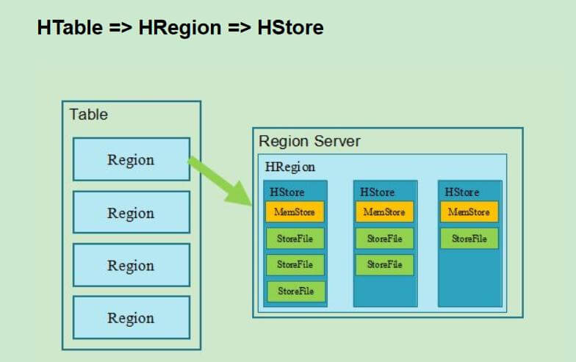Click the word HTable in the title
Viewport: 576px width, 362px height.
(70, 28)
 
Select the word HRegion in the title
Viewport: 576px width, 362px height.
(179, 28)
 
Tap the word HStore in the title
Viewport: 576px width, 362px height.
(291, 28)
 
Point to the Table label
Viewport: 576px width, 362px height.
(88, 115)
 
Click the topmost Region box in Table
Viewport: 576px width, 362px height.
(132, 159)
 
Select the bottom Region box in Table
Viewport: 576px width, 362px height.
(132, 317)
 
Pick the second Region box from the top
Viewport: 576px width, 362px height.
(132, 212)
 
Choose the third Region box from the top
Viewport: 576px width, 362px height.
(132, 265)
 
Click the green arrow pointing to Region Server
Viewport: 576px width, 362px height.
(220, 181)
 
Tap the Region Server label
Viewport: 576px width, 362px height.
(310, 141)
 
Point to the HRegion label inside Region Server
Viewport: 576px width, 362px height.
(289, 167)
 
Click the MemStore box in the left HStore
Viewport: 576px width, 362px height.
(295, 211)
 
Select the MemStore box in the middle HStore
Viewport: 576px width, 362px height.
(385, 211)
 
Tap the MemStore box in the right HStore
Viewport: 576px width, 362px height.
(469, 211)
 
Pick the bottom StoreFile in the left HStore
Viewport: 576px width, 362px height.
(296, 292)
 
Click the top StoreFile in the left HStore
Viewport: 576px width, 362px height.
(295, 239)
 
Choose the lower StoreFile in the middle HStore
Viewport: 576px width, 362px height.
(385, 264)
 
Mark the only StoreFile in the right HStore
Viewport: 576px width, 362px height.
(469, 239)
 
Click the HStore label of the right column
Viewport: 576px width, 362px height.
(461, 192)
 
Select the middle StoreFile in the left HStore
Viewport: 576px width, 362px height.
(295, 264)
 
